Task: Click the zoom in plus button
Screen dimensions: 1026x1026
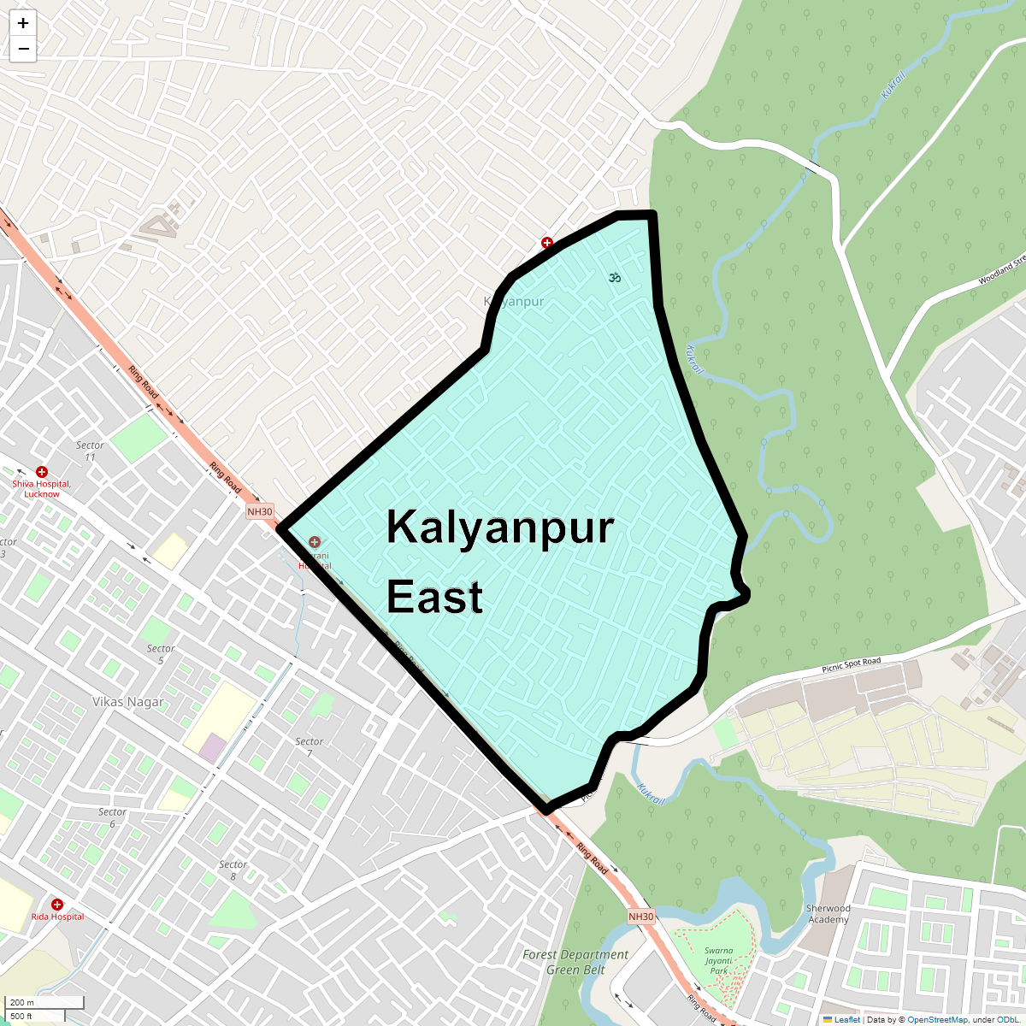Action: [23, 23]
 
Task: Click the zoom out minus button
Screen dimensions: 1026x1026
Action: [23, 49]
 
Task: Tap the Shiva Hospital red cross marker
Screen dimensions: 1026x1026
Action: [41, 472]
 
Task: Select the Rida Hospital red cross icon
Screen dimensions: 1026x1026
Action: [57, 905]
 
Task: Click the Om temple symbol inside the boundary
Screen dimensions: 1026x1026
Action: [613, 277]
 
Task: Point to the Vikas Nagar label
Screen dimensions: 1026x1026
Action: [128, 702]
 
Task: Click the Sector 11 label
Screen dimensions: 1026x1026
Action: [90, 451]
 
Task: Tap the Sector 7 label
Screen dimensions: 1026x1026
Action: [309, 746]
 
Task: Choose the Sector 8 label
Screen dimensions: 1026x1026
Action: [233, 870]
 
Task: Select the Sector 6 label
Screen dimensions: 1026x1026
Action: [112, 817]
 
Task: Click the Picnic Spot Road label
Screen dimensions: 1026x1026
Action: [851, 664]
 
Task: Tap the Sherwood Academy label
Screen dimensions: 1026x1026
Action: [828, 914]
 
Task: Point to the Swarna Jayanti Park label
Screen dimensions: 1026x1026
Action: [718, 960]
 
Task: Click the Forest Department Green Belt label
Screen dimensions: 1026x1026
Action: [575, 962]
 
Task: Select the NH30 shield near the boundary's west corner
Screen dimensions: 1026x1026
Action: [260, 512]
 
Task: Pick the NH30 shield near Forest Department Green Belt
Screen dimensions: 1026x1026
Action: [640, 917]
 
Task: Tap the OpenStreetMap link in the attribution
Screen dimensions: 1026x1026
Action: [937, 1019]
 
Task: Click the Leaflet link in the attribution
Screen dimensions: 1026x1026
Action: [847, 1019]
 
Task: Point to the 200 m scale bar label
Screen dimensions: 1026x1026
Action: [22, 1002]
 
